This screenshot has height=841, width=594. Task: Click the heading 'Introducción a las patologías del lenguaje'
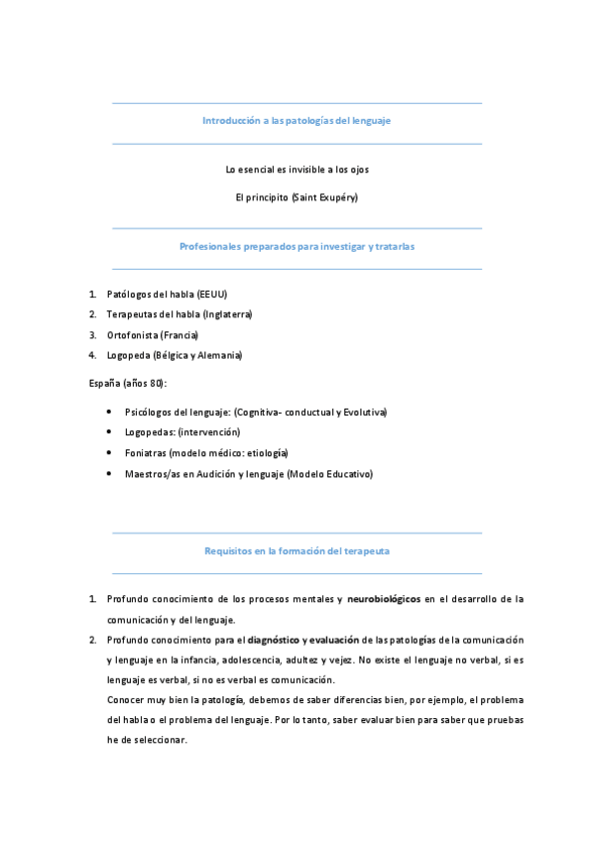tap(297, 120)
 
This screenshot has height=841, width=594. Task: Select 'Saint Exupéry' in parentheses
tap(324, 197)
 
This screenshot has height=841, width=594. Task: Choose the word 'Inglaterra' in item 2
tap(227, 314)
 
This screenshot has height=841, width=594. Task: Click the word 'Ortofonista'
tap(133, 335)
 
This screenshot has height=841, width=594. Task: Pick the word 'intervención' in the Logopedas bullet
tap(207, 432)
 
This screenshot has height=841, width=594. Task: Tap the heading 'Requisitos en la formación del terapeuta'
tap(297, 549)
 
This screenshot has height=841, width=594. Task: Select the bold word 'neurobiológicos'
tap(384, 599)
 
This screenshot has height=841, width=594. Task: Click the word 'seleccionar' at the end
tap(160, 740)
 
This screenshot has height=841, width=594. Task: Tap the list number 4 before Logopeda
tap(91, 355)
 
